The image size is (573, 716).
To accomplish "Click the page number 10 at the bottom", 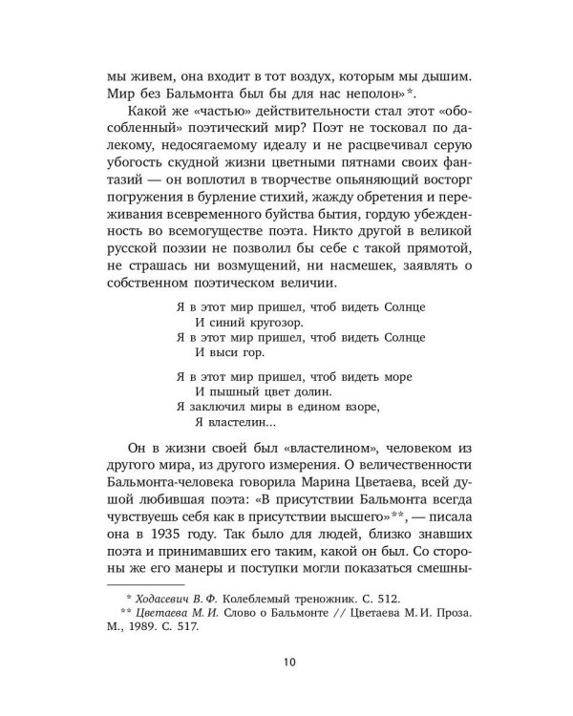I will (x=286, y=663).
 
